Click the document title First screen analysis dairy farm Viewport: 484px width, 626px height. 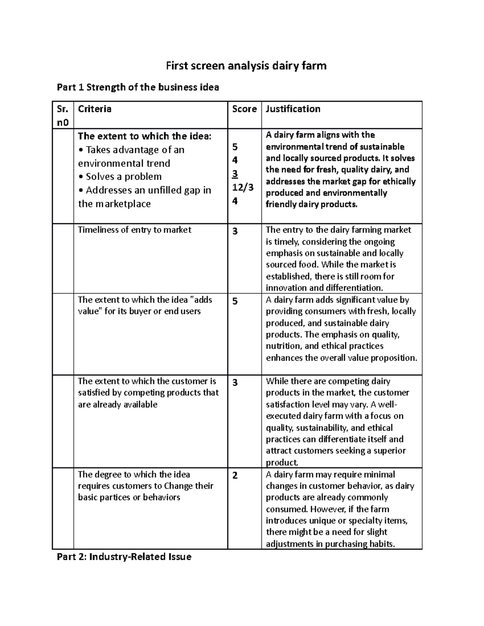[246, 65]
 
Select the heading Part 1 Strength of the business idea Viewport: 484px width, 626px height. [138, 87]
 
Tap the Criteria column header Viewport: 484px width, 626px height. [95, 109]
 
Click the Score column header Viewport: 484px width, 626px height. [244, 109]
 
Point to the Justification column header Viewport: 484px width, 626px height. [293, 109]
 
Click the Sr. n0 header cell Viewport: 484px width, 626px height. [63, 115]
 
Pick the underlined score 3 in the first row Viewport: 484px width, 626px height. [235, 174]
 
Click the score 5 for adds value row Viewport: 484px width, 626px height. [235, 301]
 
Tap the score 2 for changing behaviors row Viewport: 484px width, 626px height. [235, 476]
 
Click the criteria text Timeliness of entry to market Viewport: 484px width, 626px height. [134, 230]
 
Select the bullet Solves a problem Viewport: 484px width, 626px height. [120, 177]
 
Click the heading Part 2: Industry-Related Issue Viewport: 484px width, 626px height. [124, 557]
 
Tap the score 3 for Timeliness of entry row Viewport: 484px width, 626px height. [235, 231]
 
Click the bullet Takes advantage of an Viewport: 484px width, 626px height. [131, 150]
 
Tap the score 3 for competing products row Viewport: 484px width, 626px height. [235, 383]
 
